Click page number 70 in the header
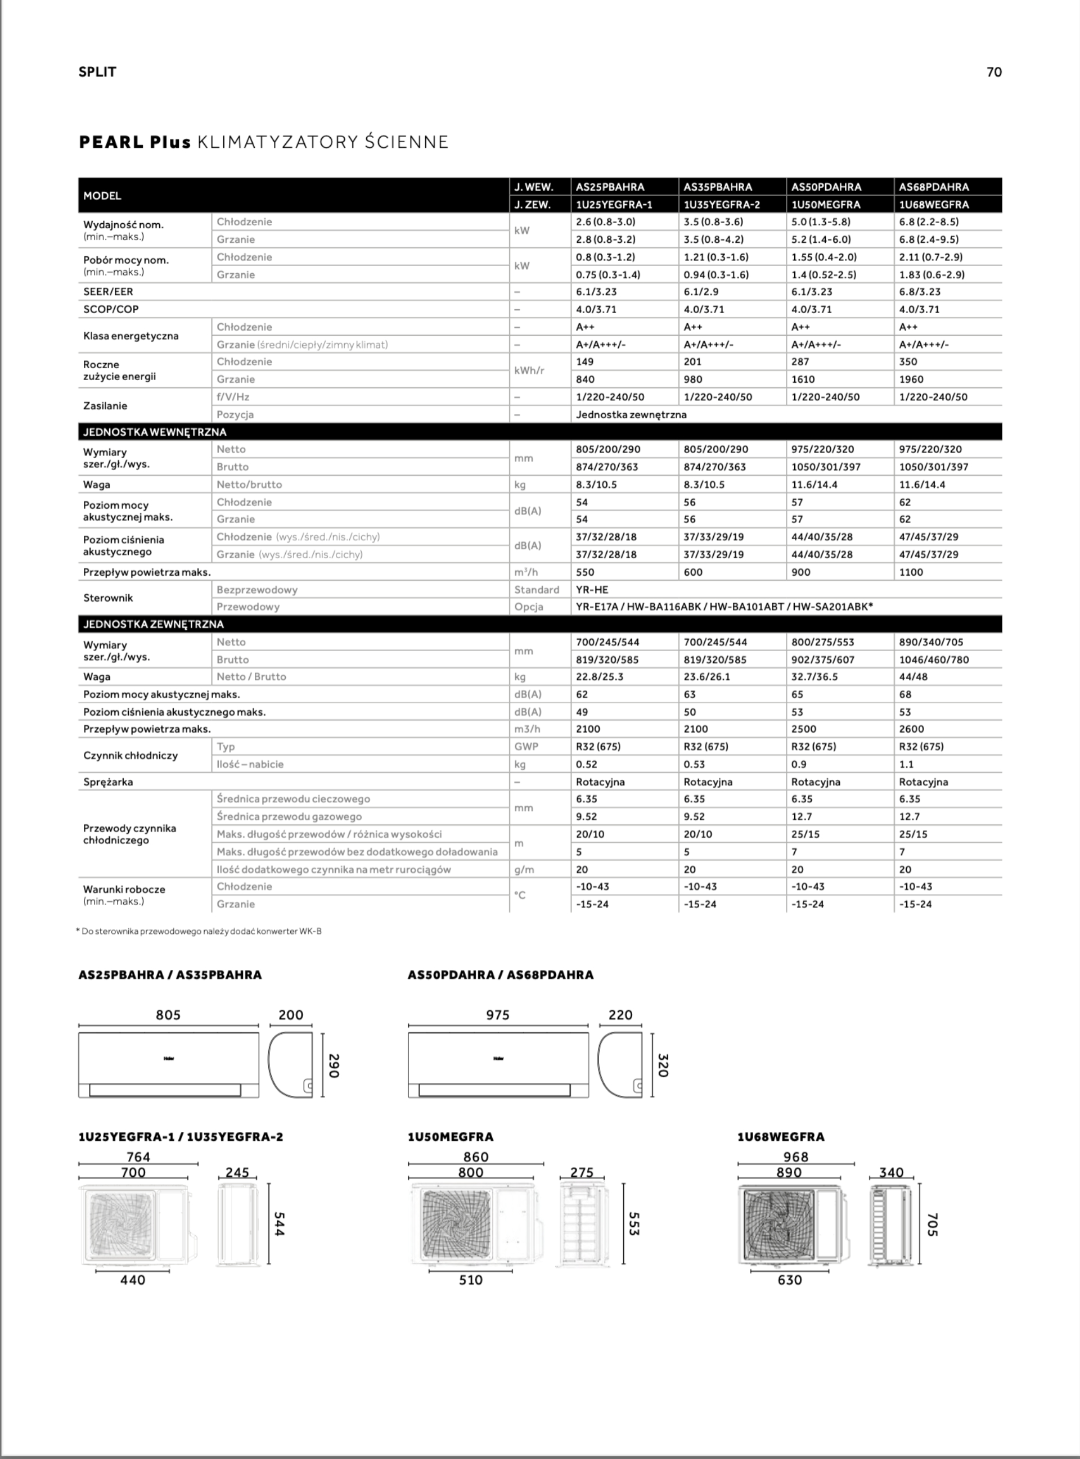click(994, 72)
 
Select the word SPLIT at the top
click(97, 72)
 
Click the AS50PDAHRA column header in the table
click(826, 187)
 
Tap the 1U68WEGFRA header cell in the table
click(934, 205)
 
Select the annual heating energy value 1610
click(803, 379)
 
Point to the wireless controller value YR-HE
click(592, 589)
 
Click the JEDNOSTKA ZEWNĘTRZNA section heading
click(153, 624)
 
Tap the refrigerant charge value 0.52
click(587, 764)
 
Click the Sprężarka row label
click(108, 782)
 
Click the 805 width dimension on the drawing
click(168, 1015)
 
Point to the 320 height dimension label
click(663, 1065)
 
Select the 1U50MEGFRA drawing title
click(451, 1137)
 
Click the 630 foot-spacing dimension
click(789, 1280)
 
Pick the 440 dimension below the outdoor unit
click(133, 1280)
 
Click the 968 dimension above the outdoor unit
click(795, 1157)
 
